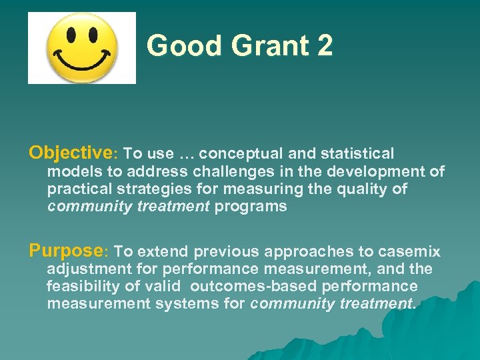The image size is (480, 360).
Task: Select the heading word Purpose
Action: (x=65, y=251)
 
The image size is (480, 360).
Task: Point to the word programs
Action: (x=251, y=206)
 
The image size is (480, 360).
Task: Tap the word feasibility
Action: (x=83, y=287)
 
